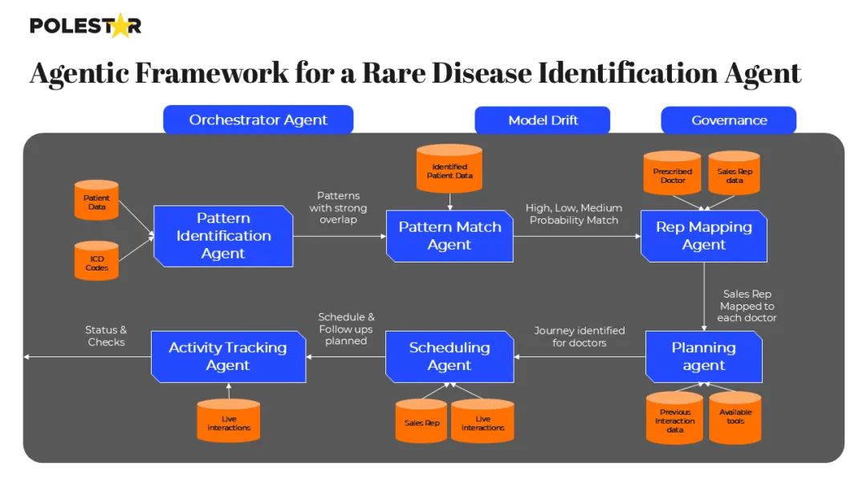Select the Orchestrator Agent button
258,120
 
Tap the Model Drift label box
543,120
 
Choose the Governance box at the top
729,120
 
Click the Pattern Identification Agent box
223,236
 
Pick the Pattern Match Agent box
449,236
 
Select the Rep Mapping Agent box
704,236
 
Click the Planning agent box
704,356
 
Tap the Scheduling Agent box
450,356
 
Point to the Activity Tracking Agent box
228,356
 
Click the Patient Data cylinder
97,202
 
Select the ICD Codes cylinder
97,262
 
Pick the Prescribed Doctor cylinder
673,173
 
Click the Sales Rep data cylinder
735,173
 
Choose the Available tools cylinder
735,417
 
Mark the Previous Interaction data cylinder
675,417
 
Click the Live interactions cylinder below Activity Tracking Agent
229,421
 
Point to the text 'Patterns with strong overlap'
338,207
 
